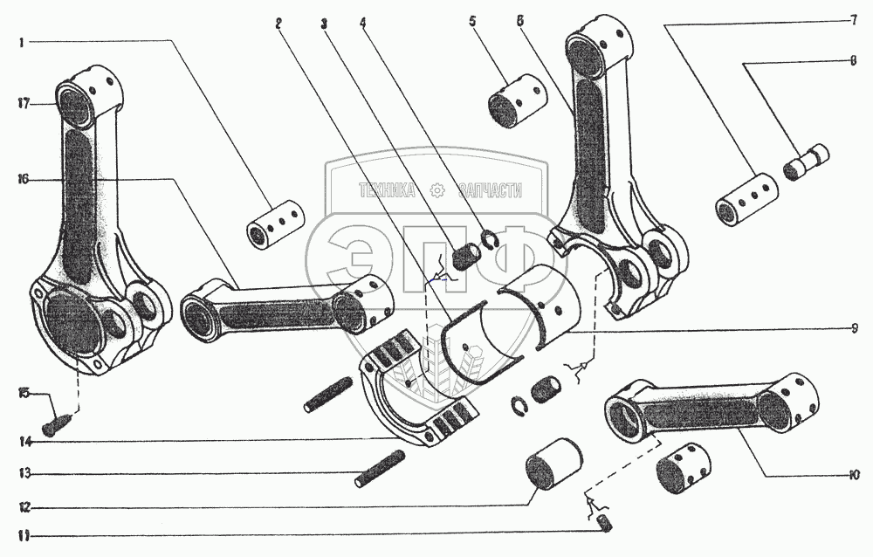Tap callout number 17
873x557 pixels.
(22, 103)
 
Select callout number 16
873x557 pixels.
(22, 179)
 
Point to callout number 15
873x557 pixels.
(22, 395)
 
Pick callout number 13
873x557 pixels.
(22, 474)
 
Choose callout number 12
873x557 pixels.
(22, 506)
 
